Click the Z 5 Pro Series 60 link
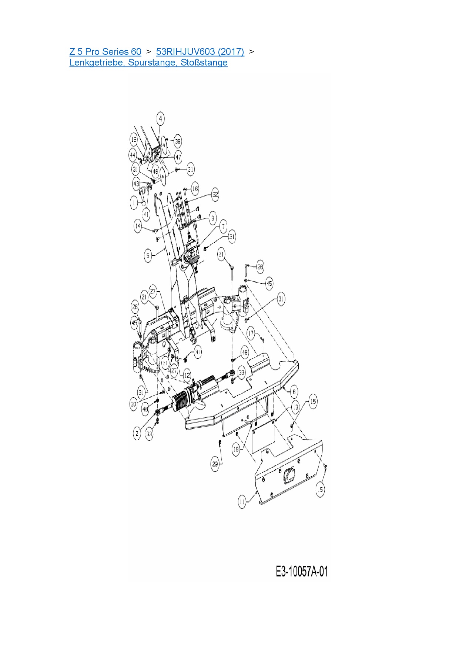pyautogui.click(x=105, y=52)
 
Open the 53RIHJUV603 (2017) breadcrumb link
pyautogui.click(x=200, y=52)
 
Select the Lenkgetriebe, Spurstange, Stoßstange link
pyautogui.click(x=148, y=63)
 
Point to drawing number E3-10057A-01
pyautogui.click(x=302, y=571)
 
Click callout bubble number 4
pyautogui.click(x=160, y=119)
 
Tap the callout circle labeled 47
pyautogui.click(x=178, y=157)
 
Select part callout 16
pyautogui.click(x=195, y=189)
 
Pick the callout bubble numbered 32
pyautogui.click(x=215, y=195)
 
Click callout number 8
pyautogui.click(x=212, y=218)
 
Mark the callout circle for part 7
pyautogui.click(x=223, y=226)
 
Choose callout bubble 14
pyautogui.click(x=138, y=226)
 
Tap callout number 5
pyautogui.click(x=148, y=255)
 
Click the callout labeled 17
pyautogui.click(x=251, y=333)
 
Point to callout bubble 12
pyautogui.click(x=187, y=376)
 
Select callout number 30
pyautogui.click(x=134, y=404)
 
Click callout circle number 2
pyautogui.click(x=137, y=433)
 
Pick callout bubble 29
pyautogui.click(x=215, y=464)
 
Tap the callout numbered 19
pyautogui.click(x=236, y=450)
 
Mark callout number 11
pyautogui.click(x=242, y=502)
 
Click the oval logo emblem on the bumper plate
pyautogui.click(x=289, y=475)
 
